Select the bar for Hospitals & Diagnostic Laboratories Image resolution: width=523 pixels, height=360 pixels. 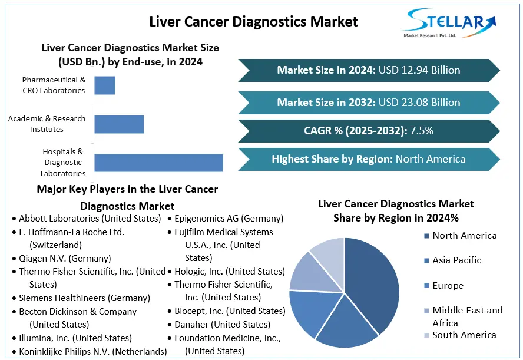[158, 163]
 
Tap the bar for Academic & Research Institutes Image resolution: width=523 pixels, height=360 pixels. [119, 124]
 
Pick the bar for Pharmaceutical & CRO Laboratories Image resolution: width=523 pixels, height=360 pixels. [105, 85]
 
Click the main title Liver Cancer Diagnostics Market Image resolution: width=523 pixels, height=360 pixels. [253, 22]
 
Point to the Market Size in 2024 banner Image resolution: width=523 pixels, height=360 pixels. [369, 70]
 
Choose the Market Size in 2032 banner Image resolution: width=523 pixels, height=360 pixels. [369, 103]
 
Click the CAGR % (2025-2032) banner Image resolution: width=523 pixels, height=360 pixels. [369, 131]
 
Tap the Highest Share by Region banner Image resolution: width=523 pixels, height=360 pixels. [369, 159]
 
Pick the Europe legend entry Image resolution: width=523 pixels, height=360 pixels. [448, 286]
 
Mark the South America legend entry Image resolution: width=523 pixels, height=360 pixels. [464, 335]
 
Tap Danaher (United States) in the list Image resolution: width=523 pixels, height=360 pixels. [222, 325]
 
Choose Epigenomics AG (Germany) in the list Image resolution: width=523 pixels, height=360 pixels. [229, 219]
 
